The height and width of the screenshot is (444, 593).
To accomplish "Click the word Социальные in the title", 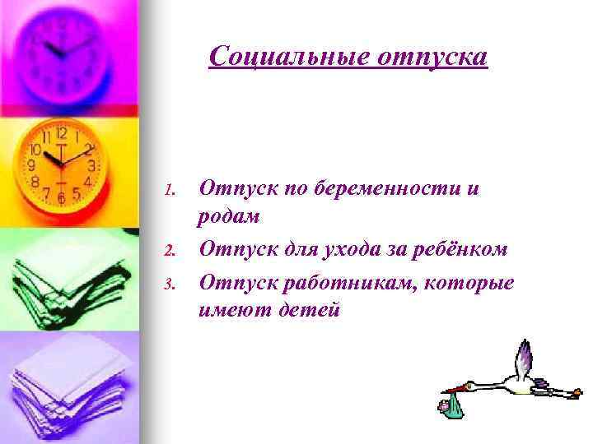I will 281,57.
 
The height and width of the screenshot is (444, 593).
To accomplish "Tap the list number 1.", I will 170,191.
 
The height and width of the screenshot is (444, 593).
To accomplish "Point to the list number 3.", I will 170,285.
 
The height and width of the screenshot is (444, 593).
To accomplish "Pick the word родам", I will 228,217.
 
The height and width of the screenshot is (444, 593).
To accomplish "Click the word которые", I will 474,284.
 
